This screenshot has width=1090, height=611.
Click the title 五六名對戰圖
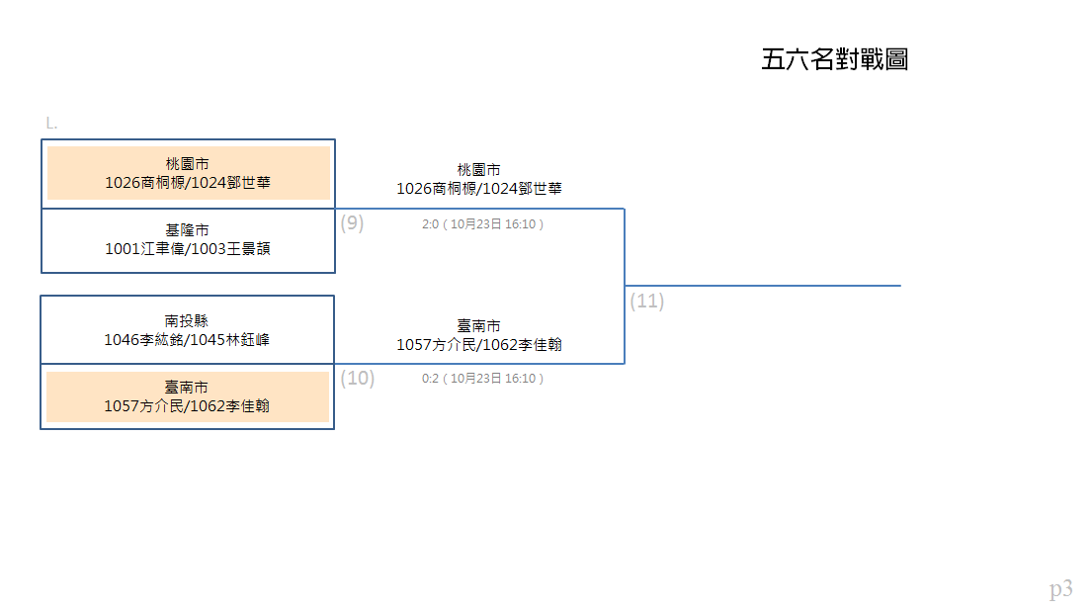click(834, 59)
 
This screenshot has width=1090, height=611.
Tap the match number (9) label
click(352, 223)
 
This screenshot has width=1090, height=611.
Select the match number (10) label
click(358, 378)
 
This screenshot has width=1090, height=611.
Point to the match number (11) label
click(647, 301)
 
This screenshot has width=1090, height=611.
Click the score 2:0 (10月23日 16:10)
click(482, 223)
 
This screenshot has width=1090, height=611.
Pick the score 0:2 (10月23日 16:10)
click(482, 378)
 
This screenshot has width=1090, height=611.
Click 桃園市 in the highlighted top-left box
click(187, 164)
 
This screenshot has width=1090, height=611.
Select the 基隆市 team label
click(187, 230)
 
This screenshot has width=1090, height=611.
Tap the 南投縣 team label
click(187, 321)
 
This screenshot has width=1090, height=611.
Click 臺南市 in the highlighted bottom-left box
click(187, 388)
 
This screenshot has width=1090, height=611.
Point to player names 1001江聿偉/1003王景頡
click(188, 249)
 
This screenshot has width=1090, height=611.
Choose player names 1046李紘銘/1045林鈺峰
click(187, 340)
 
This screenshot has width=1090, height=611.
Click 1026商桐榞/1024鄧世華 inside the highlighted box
click(188, 183)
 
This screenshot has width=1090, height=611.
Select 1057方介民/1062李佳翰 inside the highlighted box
click(187, 406)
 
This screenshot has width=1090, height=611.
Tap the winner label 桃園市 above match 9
click(479, 170)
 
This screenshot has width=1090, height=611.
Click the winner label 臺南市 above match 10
click(479, 326)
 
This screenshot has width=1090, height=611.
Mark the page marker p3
click(1060, 589)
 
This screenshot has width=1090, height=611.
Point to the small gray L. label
click(51, 124)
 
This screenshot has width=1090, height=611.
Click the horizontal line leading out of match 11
click(763, 285)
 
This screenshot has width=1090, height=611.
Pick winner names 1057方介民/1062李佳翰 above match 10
click(479, 345)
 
